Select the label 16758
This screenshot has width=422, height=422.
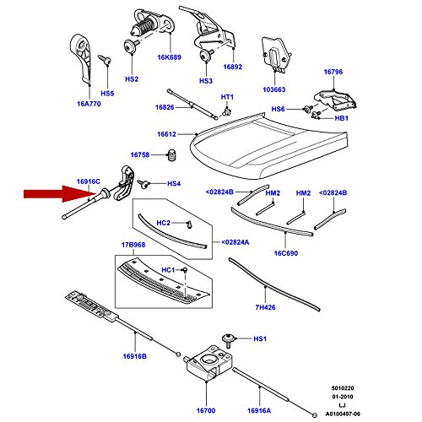pyautogui.click(x=140, y=155)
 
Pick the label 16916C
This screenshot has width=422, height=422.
pyautogui.click(x=88, y=181)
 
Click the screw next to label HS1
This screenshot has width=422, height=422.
pyautogui.click(x=230, y=339)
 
